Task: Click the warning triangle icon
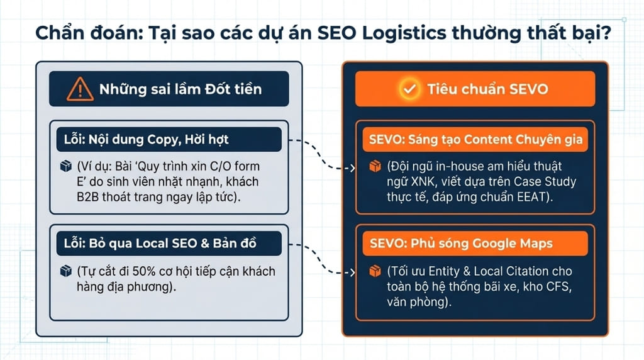[x=80, y=89]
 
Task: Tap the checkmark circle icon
[x=410, y=89]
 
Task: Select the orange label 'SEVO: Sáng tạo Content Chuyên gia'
[x=476, y=139]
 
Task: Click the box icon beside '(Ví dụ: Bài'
[x=64, y=167]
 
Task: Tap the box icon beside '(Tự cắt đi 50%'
[x=64, y=271]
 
